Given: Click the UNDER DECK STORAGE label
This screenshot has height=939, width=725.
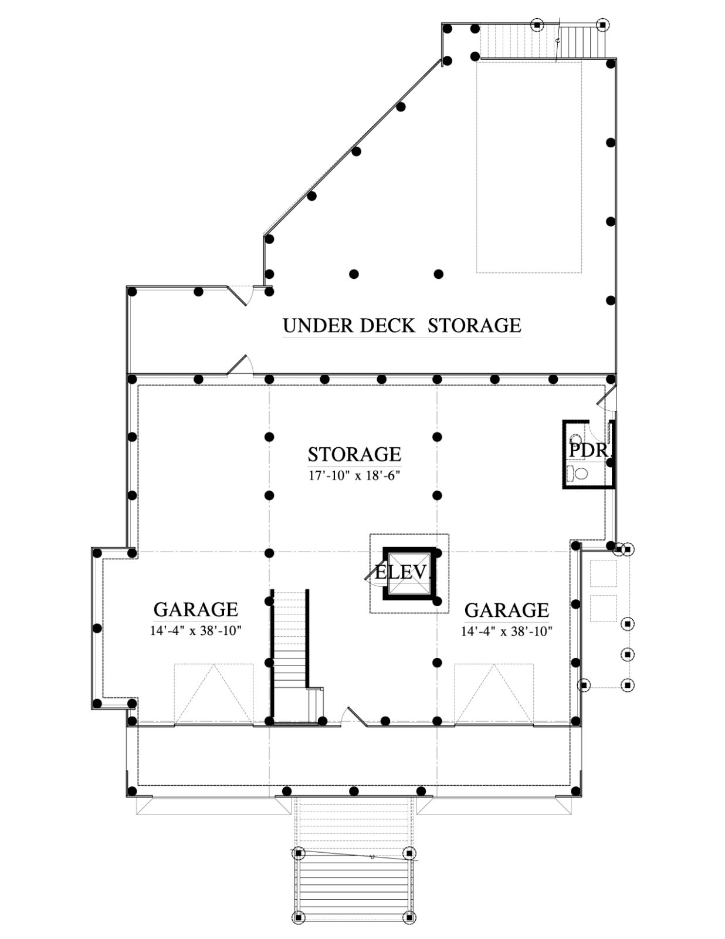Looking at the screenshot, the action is pos(402,325).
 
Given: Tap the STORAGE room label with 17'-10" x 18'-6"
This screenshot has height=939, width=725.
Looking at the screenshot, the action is pos(354,454).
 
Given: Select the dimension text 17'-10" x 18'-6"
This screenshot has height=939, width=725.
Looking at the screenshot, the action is pos(354,476).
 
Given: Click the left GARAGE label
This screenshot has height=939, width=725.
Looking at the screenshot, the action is pos(195,609).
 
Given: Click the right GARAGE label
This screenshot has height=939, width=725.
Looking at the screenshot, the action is pos(507,610).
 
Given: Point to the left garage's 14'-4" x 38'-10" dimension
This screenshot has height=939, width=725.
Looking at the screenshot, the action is pos(195,631).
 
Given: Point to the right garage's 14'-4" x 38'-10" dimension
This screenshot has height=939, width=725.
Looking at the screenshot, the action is pos(507,631).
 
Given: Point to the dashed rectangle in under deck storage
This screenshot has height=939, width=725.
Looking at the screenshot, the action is pos(529,167).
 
